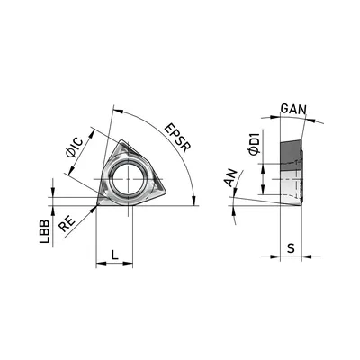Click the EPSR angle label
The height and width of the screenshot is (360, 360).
click(177, 139)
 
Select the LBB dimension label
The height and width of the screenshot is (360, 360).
click(45, 231)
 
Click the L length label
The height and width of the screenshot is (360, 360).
click(114, 256)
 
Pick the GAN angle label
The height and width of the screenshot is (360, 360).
click(293, 109)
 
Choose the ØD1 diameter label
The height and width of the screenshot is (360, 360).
click(254, 145)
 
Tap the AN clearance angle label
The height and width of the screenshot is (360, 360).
click(231, 178)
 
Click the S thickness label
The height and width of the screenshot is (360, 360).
click(291, 248)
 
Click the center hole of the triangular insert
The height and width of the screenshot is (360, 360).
click(128, 179)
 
